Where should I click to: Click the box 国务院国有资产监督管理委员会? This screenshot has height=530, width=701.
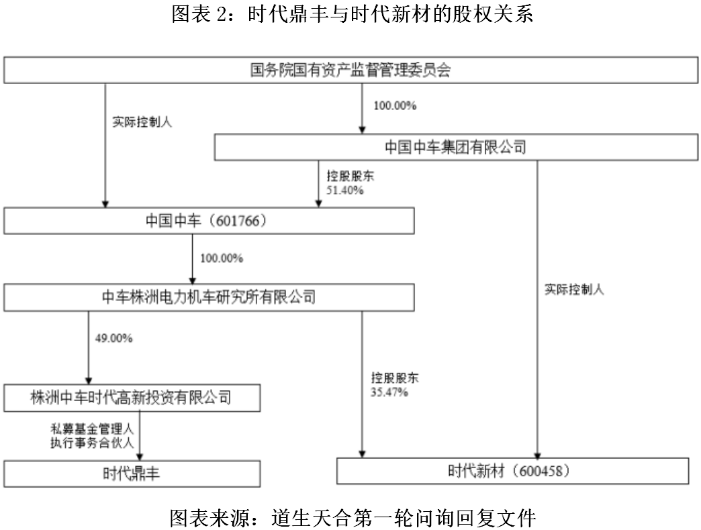point(350,71)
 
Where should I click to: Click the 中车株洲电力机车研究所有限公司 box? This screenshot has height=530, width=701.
point(209,296)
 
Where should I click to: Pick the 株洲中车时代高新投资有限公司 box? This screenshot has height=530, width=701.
point(132,398)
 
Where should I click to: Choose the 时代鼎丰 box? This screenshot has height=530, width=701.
point(132,474)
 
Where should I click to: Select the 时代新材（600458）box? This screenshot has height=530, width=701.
point(512,471)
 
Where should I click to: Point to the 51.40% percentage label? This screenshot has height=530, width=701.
point(345,191)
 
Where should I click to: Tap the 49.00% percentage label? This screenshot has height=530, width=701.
point(114,339)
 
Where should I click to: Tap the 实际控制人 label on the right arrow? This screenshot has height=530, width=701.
point(574,290)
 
